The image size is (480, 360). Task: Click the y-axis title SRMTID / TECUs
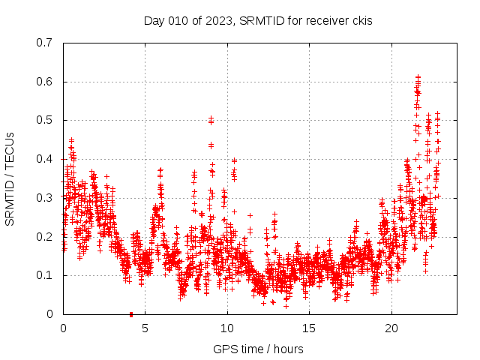pos(10,178)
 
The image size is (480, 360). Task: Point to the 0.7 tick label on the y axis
pos(44,43)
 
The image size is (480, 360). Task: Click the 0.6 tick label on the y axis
pos(44,82)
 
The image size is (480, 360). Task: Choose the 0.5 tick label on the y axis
pos(44,120)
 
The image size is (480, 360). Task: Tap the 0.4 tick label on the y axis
pos(44,159)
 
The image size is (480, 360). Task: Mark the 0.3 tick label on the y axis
pos(44,198)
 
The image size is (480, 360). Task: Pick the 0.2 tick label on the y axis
pos(44,236)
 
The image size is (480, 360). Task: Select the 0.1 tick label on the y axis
pos(44,275)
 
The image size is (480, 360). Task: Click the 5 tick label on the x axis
pos(145,328)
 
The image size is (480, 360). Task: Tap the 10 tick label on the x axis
pos(227,328)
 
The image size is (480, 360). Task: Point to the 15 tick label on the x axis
pos(309,328)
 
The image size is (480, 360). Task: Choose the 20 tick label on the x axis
pos(391,328)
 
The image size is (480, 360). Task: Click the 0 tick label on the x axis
pos(63,328)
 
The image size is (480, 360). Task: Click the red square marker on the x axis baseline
pos(131,314)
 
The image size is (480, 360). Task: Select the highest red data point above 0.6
pos(418,76)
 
